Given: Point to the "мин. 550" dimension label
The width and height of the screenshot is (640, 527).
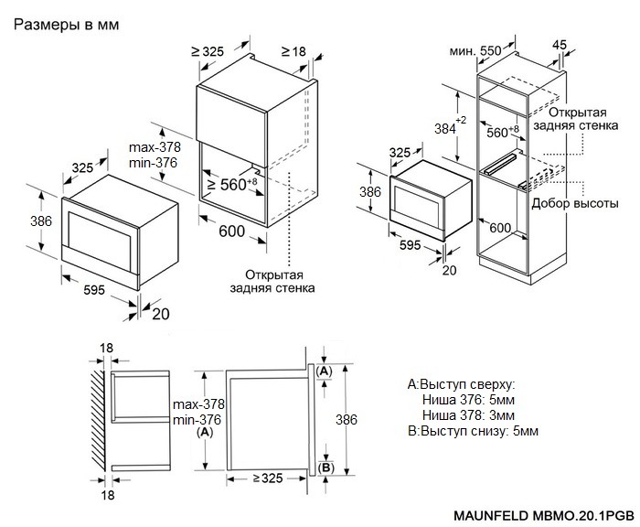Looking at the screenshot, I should point(477,52).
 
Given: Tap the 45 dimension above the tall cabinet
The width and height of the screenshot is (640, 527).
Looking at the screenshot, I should point(560,44).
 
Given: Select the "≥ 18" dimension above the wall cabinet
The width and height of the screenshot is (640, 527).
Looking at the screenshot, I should point(293,52).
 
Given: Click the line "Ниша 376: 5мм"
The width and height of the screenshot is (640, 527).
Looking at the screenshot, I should point(468,400).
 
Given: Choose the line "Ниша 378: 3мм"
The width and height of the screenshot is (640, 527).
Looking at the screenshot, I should point(468,415).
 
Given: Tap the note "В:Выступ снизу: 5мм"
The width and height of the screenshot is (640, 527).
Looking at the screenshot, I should point(473,431).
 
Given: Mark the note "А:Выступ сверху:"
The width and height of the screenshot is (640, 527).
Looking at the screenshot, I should point(462,384).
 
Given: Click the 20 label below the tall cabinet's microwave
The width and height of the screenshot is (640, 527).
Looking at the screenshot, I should point(449,270).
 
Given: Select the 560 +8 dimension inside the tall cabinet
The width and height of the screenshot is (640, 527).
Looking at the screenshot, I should point(502,133).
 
